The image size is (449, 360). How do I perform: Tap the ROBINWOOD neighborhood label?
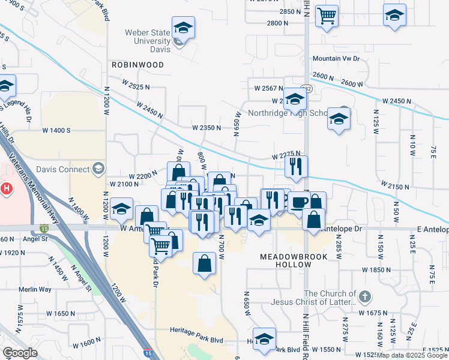(137, 64)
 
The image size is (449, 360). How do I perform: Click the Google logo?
(20, 353)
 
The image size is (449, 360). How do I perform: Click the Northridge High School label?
(287, 113)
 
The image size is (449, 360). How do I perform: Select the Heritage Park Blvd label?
(196, 340)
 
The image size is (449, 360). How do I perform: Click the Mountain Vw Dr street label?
(336, 59)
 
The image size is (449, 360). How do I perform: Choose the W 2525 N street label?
(134, 87)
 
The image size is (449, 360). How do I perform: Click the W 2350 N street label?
(207, 127)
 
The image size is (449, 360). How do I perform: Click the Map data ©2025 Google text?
(412, 355)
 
